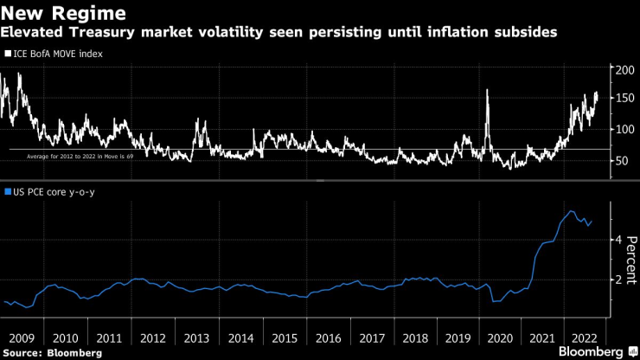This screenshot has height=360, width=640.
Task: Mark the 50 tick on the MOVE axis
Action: point(620,161)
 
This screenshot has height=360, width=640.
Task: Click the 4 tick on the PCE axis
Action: point(618,239)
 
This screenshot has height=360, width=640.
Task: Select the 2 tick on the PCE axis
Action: point(618,280)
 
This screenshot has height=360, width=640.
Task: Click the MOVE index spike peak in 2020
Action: point(489,89)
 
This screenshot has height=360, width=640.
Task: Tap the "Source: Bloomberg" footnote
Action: point(53,353)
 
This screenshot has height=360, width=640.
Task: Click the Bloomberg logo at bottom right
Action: point(592,351)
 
